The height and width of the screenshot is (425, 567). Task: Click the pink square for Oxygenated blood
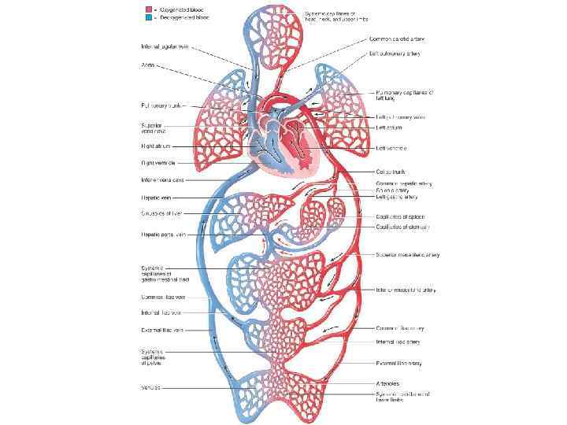[146, 9]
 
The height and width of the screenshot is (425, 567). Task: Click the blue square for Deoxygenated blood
[146, 17]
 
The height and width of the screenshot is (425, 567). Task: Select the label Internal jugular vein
[164, 46]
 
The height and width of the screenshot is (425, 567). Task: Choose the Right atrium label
[157, 146]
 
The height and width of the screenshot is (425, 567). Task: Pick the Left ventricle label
[391, 147]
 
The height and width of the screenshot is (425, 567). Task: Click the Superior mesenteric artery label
[407, 255]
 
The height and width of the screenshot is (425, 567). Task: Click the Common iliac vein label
[163, 297]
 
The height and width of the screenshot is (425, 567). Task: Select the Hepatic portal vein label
[163, 234]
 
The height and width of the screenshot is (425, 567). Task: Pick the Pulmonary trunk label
[161, 105]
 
